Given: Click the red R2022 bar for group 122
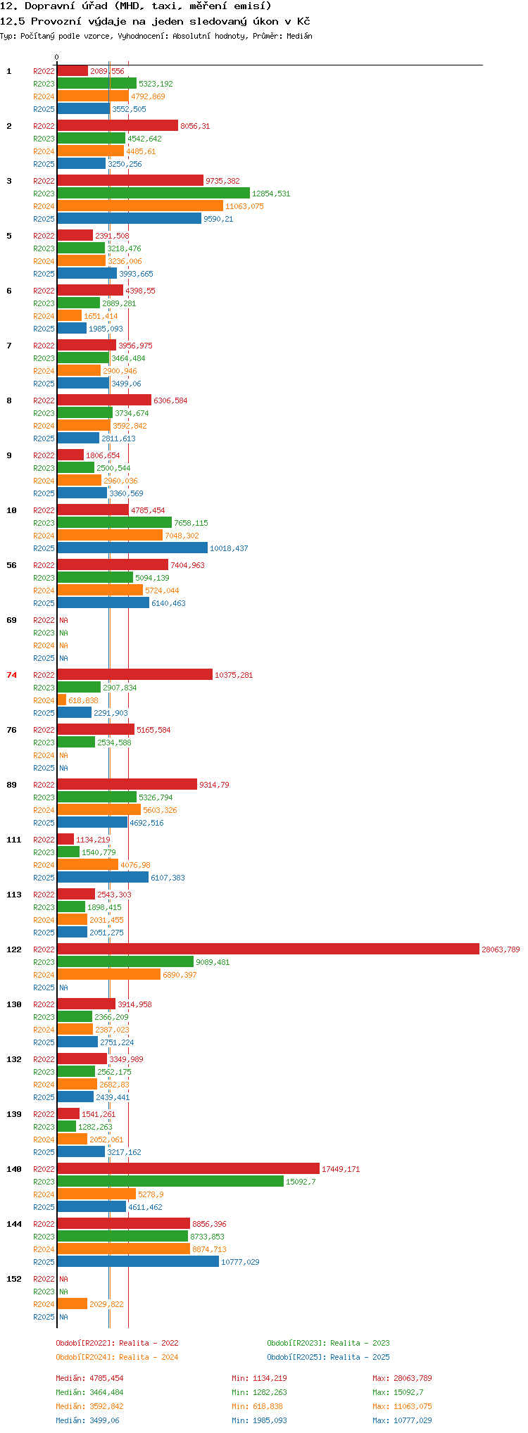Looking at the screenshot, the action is coord(268,949).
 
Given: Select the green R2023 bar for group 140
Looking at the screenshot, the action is coord(170,1182).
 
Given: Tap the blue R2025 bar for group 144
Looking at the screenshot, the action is coord(138,1262).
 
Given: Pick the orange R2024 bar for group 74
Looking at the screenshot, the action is coord(62,700).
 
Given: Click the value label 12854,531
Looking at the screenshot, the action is coord(271,194).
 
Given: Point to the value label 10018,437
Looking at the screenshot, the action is coord(229,548).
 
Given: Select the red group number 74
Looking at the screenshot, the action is coord(12,675).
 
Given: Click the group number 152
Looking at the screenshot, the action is coord(14,1279).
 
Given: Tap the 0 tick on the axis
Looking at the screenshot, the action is coord(57,58).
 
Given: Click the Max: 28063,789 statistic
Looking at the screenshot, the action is coord(402,1378).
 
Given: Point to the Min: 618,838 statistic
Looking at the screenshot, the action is coord(259,1406).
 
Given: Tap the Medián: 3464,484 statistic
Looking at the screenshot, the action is coord(89,1392).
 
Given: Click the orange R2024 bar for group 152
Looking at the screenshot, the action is coord(72,1304).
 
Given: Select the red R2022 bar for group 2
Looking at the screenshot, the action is coord(118,126).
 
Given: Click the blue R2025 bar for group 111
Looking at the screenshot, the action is coord(103,878).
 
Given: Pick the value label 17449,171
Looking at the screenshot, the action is coord(341,1169).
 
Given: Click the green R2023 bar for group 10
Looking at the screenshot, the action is coord(114,523).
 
